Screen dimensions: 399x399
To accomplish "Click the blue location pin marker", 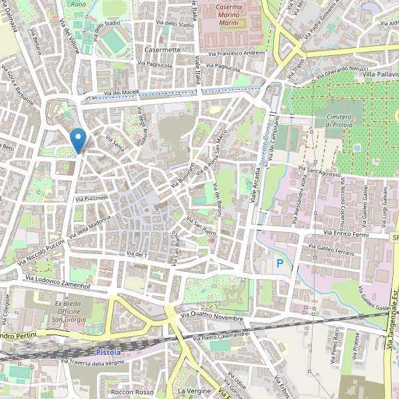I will click(x=78, y=140).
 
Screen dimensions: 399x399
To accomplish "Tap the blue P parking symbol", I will click(x=280, y=265).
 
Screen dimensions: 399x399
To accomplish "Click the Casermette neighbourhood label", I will click(x=162, y=50).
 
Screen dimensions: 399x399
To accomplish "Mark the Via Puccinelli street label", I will click(x=92, y=198).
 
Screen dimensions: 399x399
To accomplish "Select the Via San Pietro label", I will click(x=201, y=227).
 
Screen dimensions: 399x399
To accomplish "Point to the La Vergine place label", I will click(x=194, y=391).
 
